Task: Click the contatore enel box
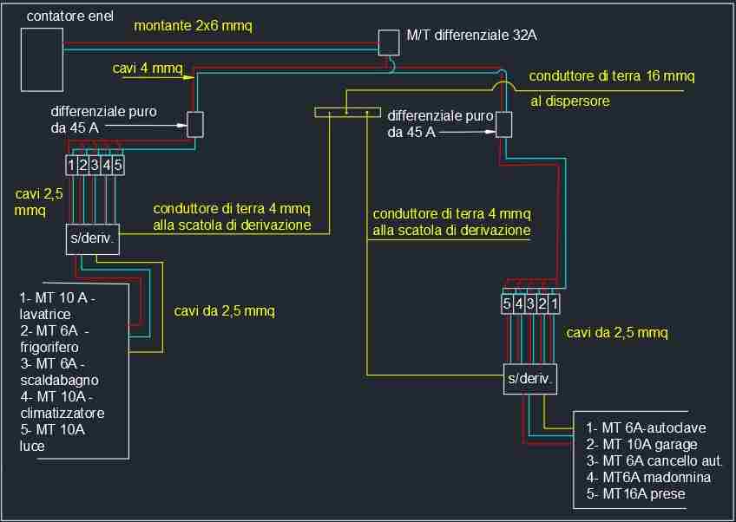(42, 58)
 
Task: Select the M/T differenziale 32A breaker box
(389, 42)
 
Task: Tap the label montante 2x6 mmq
(193, 26)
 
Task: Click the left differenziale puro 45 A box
(195, 124)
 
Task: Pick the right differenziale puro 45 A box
(503, 124)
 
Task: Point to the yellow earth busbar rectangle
(347, 111)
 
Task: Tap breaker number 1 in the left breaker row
(72, 164)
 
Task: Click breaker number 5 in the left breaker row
(117, 164)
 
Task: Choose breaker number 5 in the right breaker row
(507, 304)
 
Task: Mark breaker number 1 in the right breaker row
(553, 304)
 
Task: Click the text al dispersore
(569, 101)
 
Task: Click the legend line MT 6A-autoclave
(646, 427)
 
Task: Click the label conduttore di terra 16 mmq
(613, 76)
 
